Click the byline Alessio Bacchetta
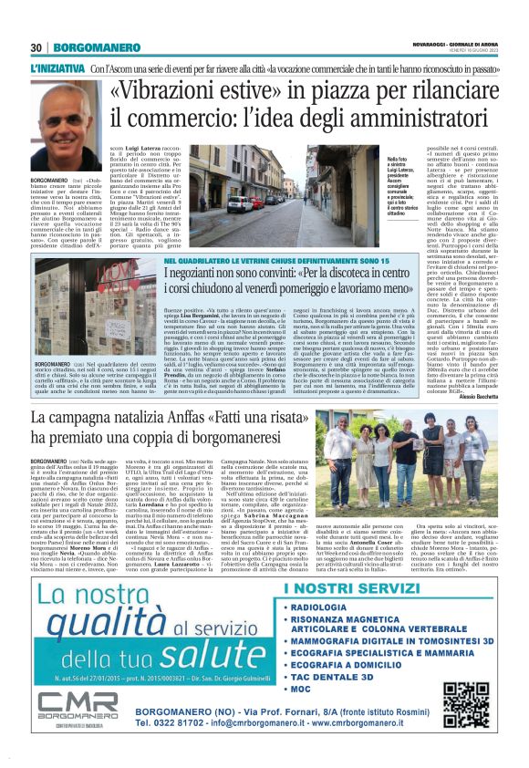click(x=473, y=397)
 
